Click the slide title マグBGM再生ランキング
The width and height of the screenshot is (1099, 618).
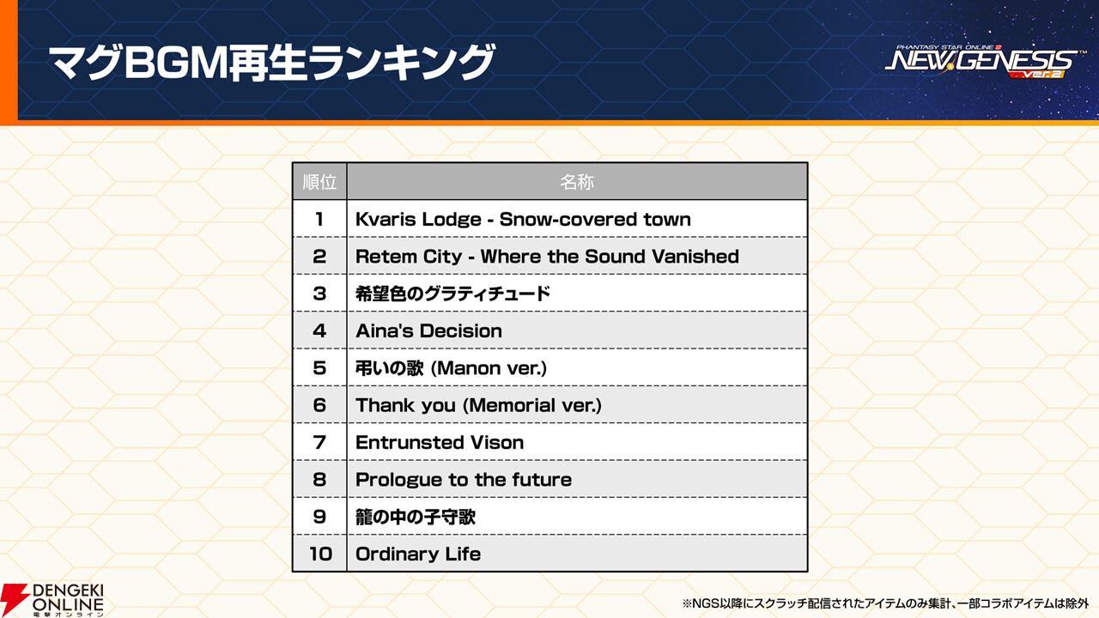coord(271,63)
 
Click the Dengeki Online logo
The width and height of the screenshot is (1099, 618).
coord(52,599)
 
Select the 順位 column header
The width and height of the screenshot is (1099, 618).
coord(319,182)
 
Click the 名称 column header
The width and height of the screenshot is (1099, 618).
coord(577,182)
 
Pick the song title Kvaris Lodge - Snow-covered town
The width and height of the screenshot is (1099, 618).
coord(523,219)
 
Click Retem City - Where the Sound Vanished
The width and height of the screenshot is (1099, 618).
coord(547,257)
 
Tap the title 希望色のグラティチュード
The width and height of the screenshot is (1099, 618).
coord(452,294)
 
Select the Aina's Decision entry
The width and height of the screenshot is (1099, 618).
coord(428,330)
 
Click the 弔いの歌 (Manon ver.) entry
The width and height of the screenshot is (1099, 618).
coord(451,368)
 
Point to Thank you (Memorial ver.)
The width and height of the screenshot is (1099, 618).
coord(478,405)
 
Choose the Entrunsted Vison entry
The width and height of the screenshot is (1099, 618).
coord(440,442)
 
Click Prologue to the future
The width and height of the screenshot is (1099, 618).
coord(464,480)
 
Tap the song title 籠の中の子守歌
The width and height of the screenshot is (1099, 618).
coord(416,517)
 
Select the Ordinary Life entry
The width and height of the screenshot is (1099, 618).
coord(418,554)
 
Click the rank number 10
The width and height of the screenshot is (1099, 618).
coord(320,554)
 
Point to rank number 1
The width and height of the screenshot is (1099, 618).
coord(319,219)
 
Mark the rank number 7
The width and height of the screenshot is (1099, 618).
coord(319,442)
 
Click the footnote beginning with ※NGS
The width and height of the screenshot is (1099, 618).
coord(885,603)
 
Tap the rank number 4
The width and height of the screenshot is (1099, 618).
coord(319,330)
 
